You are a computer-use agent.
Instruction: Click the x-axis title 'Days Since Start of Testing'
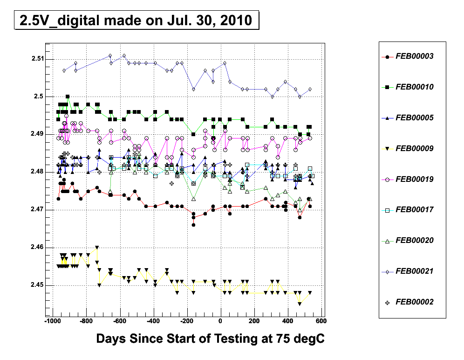(210, 339)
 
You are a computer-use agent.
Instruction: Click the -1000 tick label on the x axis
(52, 321)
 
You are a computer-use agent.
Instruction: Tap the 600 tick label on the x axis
(321, 321)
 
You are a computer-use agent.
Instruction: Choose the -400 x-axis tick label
(153, 321)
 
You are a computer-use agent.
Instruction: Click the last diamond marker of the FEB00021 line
(310, 89)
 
